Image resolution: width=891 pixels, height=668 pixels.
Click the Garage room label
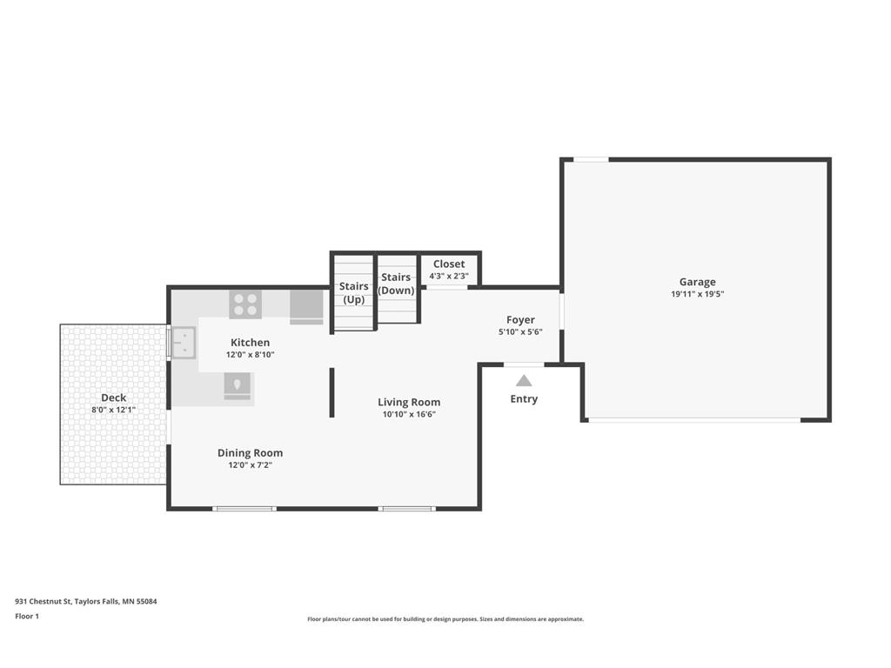[697, 282]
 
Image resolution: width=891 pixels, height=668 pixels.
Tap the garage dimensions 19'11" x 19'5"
[697, 294]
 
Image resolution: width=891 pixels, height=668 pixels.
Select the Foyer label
[520, 320]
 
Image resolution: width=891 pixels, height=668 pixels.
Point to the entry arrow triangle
[524, 381]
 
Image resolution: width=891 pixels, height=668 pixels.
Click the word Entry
[524, 398]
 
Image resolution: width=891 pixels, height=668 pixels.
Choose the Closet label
[449, 264]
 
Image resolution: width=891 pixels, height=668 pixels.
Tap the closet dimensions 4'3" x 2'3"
[449, 276]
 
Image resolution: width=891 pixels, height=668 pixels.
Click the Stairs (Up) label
[353, 293]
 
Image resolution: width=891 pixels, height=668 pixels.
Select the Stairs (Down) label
[396, 284]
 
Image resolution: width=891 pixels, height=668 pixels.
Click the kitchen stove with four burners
[245, 304]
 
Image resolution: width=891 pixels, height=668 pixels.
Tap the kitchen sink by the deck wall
[184, 343]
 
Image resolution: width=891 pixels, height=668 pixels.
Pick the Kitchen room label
[250, 343]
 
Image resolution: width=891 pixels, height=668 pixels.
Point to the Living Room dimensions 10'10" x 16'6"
[409, 415]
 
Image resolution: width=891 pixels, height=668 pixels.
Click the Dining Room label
[250, 452]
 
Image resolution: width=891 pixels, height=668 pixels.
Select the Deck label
[114, 397]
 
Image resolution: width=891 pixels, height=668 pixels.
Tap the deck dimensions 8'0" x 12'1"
[114, 411]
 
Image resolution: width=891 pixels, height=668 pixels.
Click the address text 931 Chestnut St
[44, 602]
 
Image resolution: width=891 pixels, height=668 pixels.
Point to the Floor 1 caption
[27, 617]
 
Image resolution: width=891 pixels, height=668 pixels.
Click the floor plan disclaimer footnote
[445, 619]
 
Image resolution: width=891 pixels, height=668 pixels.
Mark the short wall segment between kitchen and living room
[332, 392]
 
